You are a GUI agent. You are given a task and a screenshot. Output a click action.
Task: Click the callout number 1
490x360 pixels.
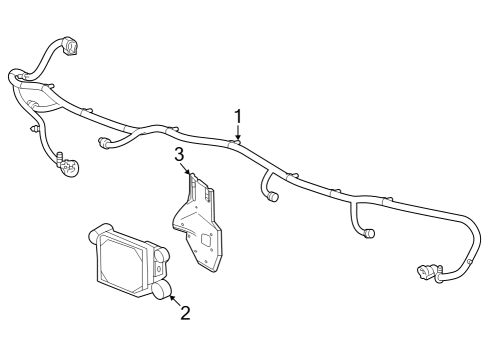pyautogui.click(x=238, y=117)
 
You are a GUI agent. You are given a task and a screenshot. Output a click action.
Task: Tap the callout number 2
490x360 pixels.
pyautogui.click(x=185, y=313)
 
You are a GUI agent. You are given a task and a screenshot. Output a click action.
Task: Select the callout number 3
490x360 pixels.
pyautogui.click(x=179, y=155)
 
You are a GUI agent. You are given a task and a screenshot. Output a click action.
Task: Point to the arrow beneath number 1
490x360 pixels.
pyautogui.click(x=238, y=132)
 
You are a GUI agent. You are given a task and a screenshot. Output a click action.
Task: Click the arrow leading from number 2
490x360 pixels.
pyautogui.click(x=176, y=301)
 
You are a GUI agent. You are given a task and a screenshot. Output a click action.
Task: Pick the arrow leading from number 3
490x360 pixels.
pyautogui.click(x=185, y=168)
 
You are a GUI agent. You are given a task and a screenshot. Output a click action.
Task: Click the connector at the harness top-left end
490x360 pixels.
pyautogui.click(x=70, y=45)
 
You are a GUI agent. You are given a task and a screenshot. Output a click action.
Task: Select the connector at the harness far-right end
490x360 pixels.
pyautogui.click(x=427, y=271)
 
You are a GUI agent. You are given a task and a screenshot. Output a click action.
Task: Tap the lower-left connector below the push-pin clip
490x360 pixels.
pyautogui.click(x=68, y=165)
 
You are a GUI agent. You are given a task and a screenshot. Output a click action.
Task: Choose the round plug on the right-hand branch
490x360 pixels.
pyautogui.click(x=369, y=233)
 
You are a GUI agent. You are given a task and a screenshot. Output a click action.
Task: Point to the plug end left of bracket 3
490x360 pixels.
pyautogui.click(x=103, y=142)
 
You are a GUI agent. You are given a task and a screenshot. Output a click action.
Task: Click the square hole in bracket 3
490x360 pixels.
pyautogui.click(x=206, y=239)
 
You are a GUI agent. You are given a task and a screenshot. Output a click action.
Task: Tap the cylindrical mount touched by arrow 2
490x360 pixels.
pyautogui.click(x=162, y=289)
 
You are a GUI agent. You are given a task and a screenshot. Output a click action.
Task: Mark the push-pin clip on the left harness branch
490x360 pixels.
pyautogui.click(x=34, y=129)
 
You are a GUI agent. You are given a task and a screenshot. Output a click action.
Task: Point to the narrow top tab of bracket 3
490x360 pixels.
pyautogui.click(x=192, y=183)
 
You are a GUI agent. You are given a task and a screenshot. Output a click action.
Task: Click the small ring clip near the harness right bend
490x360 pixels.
pyautogui.click(x=470, y=262)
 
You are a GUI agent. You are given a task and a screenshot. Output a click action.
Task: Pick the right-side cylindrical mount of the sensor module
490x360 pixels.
pyautogui.click(x=162, y=254)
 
